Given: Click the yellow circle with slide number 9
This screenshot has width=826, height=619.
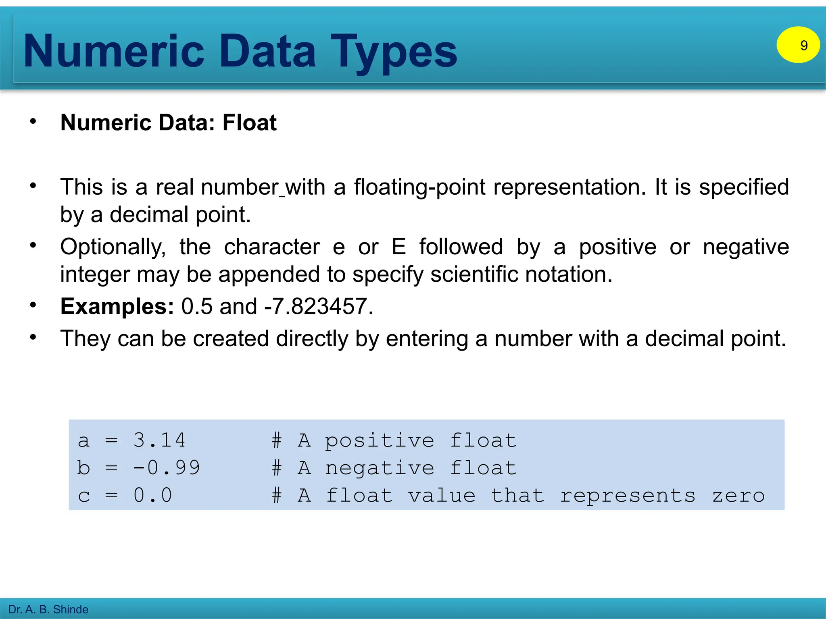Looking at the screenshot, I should click(798, 45).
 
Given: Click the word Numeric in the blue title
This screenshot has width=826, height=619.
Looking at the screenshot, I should click(114, 51).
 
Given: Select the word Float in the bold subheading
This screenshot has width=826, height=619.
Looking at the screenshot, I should click(249, 123).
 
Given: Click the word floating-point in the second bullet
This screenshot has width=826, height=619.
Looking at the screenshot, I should click(419, 187).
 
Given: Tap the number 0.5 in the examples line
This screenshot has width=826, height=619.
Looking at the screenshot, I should click(197, 306).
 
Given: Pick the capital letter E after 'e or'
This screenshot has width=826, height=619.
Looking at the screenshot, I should click(398, 247).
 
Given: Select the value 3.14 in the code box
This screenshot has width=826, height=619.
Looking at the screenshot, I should click(159, 440).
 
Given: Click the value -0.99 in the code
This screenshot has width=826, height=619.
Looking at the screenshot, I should click(166, 467).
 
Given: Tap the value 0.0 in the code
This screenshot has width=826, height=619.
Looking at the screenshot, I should click(152, 495).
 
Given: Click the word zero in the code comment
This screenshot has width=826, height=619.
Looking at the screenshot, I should click(738, 496).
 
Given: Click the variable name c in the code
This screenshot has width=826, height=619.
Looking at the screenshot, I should click(83, 496).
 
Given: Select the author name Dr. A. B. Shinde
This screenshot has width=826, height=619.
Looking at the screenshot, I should click(48, 609).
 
